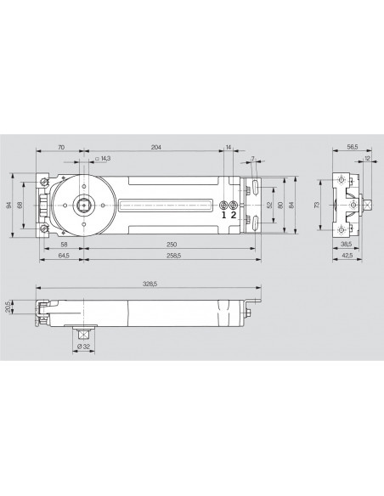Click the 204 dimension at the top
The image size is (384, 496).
[155, 148]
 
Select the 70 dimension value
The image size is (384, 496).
[60, 148]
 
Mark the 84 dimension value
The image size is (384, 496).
[291, 205]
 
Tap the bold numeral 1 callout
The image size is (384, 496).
[223, 215]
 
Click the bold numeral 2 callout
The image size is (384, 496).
[233, 215]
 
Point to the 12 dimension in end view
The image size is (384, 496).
[366, 159]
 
